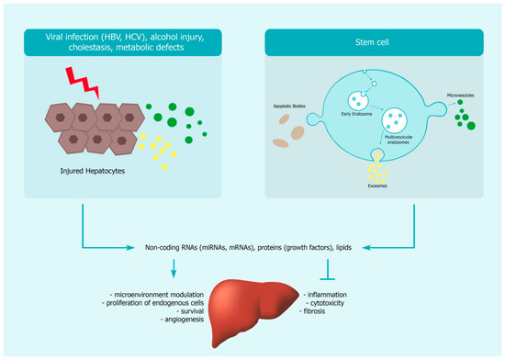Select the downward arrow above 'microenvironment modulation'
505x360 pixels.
pyautogui.click(x=174, y=267)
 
